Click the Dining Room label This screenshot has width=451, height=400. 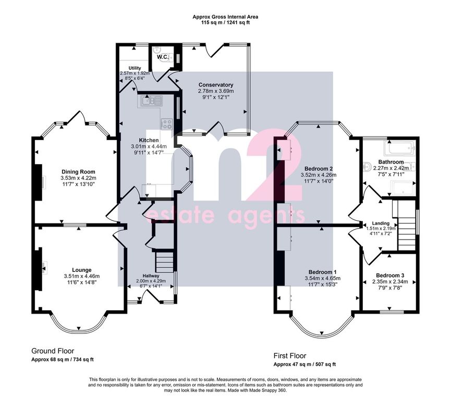[x=78, y=172]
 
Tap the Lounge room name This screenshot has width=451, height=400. [x=82, y=270]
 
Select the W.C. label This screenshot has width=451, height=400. [x=163, y=57]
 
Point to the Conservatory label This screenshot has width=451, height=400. [x=216, y=85]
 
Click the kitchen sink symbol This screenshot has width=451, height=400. [x=152, y=101]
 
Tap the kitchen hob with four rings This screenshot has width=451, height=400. [x=166, y=124]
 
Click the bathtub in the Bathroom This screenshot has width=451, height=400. [x=400, y=148]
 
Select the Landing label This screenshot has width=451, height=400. [x=381, y=223]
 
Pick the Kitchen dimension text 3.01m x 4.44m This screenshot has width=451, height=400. [x=149, y=146]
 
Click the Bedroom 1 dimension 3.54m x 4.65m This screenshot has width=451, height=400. [x=322, y=278]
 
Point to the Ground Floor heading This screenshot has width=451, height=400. [x=53, y=351]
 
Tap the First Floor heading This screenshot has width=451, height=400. [x=290, y=356]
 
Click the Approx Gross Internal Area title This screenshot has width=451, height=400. [x=225, y=17]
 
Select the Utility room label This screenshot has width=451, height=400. [x=135, y=68]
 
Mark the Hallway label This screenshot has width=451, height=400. [x=151, y=276]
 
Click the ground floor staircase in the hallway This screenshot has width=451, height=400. [x=165, y=261]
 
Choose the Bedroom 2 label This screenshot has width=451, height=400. [x=319, y=169]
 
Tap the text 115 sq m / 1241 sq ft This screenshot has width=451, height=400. [x=225, y=22]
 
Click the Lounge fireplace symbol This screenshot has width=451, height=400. [x=44, y=267]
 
